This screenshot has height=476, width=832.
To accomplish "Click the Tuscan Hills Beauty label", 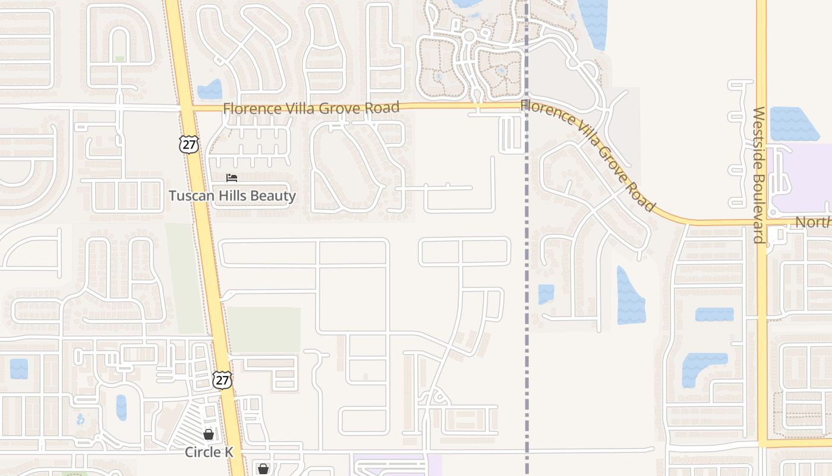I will coord(232,196).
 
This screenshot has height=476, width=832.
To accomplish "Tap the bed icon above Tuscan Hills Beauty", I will coord(232,178).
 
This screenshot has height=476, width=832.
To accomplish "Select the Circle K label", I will coord(209,452).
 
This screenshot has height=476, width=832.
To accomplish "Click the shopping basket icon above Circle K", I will coord(209,434).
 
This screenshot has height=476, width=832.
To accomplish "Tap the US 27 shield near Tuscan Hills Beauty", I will coord(189,144).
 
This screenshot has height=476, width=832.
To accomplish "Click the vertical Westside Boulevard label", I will coord(759,175).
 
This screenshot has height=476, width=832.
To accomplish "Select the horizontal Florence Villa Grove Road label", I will coord(311,108).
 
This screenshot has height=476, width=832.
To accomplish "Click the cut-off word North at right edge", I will coord(812,223).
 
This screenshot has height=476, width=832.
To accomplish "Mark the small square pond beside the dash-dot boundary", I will coord(546,293).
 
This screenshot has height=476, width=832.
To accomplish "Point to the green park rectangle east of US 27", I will coord(263,330).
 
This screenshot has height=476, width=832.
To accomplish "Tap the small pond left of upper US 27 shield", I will coord(209,90).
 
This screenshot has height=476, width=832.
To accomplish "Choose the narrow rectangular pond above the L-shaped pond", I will coord(714,314).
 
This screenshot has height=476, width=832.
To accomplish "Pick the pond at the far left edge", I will coord(18,368).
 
